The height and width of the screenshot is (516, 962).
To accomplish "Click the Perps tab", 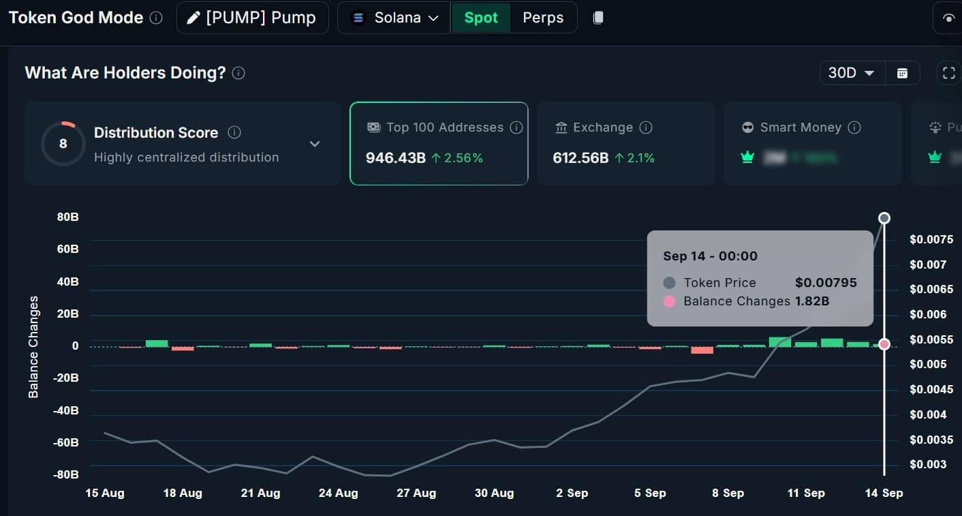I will click(x=542, y=18).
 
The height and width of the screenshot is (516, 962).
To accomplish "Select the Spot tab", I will click(x=480, y=18).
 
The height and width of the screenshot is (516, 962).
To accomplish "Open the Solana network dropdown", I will click(x=394, y=18).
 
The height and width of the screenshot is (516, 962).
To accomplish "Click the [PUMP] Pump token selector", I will click(x=252, y=18).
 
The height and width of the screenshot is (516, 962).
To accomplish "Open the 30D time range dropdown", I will click(x=851, y=73).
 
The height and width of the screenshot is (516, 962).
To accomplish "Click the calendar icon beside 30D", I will click(x=902, y=73).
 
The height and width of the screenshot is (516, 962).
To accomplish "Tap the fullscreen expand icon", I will click(x=948, y=73).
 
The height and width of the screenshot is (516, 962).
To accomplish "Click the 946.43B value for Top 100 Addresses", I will click(x=396, y=158).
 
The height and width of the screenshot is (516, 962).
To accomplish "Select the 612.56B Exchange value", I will click(x=580, y=158).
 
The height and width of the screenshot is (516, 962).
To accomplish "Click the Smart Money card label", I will click(x=800, y=127).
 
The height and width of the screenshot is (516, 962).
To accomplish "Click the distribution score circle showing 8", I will click(x=63, y=144).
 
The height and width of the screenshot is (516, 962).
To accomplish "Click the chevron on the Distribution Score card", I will click(x=314, y=144).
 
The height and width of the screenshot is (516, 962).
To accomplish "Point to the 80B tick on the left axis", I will click(x=67, y=217).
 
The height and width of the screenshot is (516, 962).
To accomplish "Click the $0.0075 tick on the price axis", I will click(x=931, y=239).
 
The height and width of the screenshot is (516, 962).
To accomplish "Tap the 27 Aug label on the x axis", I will click(x=416, y=493).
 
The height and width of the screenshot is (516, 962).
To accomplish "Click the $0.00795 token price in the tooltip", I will click(x=826, y=283).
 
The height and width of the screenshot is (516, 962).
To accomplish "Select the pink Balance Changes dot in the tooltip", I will click(x=669, y=301).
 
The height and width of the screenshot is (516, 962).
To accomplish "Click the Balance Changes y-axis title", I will click(x=33, y=347).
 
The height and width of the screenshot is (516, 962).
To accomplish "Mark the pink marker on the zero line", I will click(x=884, y=344).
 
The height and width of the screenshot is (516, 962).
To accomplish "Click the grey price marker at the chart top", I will click(x=884, y=218).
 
